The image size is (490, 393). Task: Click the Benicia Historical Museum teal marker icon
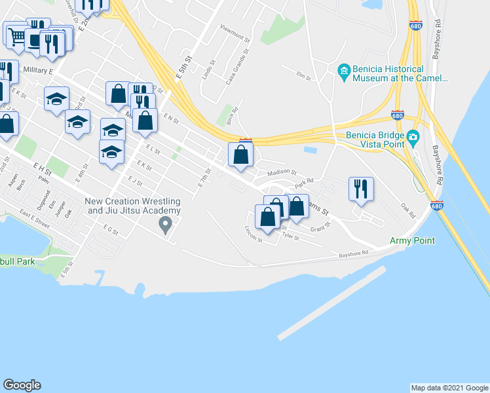344,70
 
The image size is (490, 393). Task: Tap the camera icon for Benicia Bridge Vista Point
413,137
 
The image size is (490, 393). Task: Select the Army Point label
412,240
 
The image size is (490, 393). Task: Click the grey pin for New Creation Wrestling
166,225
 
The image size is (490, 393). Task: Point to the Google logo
22,385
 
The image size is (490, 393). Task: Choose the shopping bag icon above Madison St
241,155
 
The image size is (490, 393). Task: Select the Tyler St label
290,235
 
